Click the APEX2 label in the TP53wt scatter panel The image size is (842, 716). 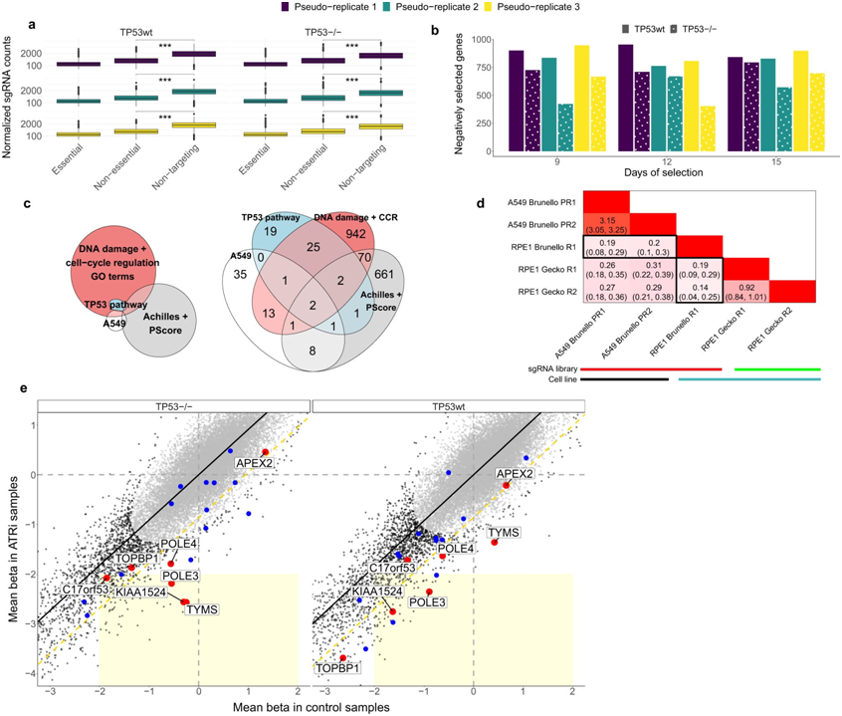coord(516,474)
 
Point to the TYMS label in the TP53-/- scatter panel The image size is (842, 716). coord(200,609)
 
